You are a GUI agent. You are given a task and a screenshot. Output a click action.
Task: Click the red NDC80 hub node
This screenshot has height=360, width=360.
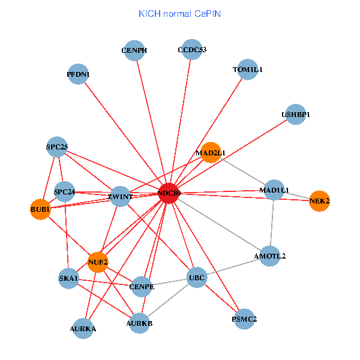[x=169, y=193]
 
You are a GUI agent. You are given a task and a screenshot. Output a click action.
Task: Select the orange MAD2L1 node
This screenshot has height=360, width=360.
[x=211, y=152]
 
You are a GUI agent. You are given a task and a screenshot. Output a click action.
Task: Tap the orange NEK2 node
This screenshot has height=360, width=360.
[x=319, y=201]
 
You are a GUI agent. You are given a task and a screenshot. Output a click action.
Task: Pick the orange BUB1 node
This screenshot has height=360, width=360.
[x=40, y=209]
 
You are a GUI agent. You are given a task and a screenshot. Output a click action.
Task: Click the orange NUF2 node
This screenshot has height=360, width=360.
[x=98, y=262]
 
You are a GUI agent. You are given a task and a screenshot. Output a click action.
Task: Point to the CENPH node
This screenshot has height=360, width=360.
[x=134, y=50]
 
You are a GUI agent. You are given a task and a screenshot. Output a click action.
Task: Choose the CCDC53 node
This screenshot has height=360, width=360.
[x=192, y=50]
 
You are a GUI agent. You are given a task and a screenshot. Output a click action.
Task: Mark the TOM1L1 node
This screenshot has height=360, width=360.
[x=247, y=70]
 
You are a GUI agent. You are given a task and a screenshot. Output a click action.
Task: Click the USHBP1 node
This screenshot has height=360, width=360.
[x=295, y=114]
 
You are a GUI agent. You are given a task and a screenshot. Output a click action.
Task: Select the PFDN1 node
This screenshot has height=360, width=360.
[x=78, y=74]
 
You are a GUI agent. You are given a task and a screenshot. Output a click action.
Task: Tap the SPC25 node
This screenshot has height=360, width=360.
[x=57, y=147]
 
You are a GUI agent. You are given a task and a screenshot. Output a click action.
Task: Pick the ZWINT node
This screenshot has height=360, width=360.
[x=120, y=196]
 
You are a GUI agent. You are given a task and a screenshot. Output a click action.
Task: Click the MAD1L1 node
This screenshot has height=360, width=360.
[x=274, y=190]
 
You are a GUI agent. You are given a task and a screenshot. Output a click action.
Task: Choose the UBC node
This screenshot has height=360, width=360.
[x=197, y=278]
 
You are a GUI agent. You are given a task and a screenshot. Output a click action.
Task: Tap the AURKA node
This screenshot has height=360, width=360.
[x=83, y=328]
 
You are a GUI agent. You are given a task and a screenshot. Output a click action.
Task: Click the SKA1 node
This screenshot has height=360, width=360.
[x=69, y=278]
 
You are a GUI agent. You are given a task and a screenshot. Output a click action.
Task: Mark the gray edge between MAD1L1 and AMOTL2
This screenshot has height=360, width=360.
[x=272, y=223]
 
